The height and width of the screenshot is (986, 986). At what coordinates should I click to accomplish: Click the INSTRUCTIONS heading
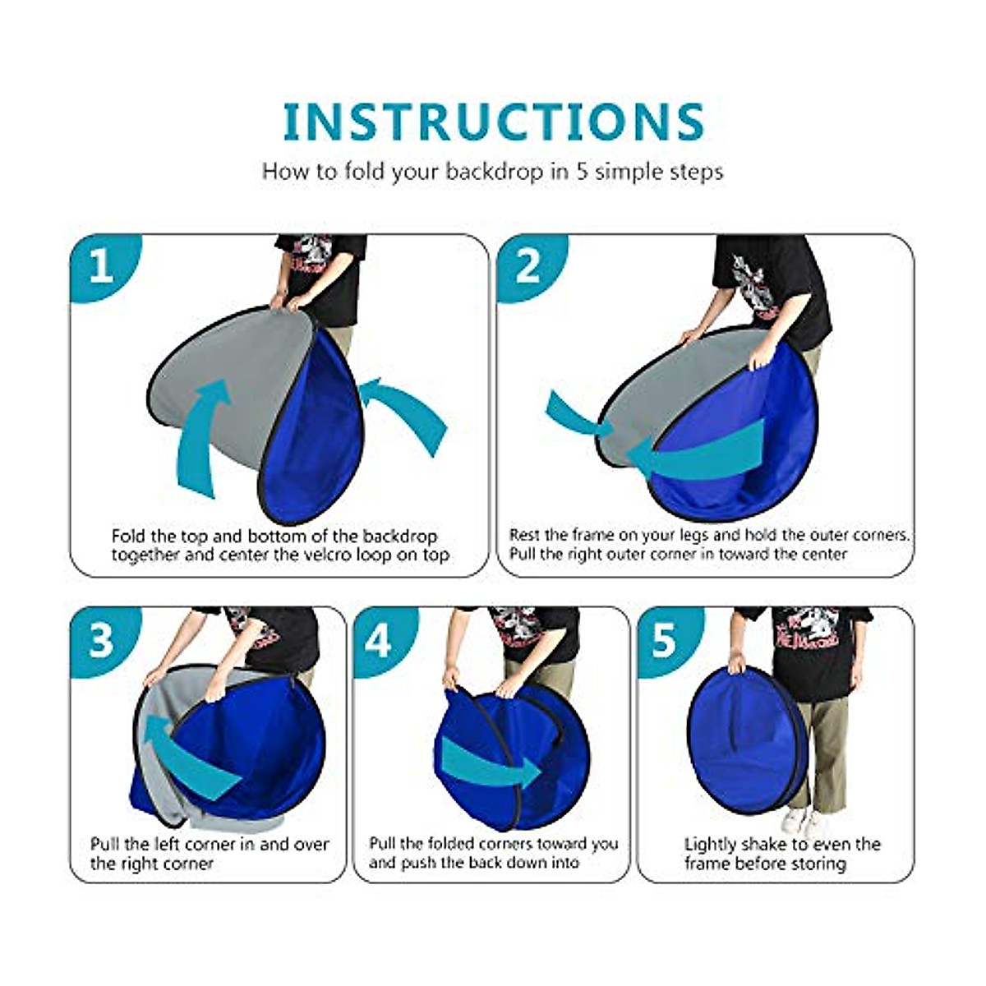coord(493,122)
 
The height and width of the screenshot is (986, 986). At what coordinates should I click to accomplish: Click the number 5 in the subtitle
coord(582,172)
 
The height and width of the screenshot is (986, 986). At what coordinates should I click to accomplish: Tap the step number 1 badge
coord(101,267)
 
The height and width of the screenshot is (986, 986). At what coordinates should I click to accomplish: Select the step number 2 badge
coord(528,267)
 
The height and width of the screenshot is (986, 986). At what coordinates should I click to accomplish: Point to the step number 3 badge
coord(101,639)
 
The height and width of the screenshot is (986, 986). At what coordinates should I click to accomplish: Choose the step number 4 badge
coord(378,639)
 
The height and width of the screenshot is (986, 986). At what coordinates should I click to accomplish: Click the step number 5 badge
coord(663,639)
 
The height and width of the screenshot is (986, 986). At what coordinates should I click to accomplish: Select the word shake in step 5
coord(765,845)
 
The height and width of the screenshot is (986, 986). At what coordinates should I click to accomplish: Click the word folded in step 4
coord(459,845)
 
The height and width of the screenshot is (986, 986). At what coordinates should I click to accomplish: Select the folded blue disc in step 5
coord(744,739)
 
